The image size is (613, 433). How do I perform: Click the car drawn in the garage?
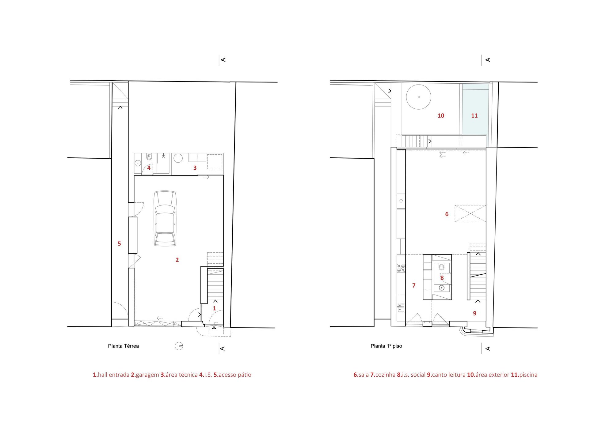pyautogui.click(x=165, y=218)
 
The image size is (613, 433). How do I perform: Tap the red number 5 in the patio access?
pyautogui.click(x=119, y=244)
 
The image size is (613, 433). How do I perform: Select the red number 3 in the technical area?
pyautogui.click(x=195, y=168)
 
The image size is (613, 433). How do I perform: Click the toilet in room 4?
pyautogui.click(x=149, y=157)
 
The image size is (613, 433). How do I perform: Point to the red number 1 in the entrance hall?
pyautogui.click(x=215, y=308)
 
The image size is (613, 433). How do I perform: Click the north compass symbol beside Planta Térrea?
pyautogui.click(x=179, y=346)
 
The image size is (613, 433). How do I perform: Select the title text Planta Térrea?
pyautogui.click(x=123, y=346)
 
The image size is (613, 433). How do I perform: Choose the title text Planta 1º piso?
pyautogui.click(x=386, y=346)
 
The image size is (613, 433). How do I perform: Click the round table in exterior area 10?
pyautogui.click(x=419, y=97)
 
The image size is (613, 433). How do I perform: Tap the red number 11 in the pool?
pyautogui.click(x=474, y=116)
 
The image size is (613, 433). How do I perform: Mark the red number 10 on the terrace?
pyautogui.click(x=441, y=116)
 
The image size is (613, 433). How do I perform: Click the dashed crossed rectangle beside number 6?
pyautogui.click(x=470, y=213)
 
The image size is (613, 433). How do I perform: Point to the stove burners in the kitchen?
pyautogui.click(x=401, y=269)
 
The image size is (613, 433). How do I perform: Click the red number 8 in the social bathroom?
pyautogui.click(x=442, y=278)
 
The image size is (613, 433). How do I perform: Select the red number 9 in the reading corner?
pyautogui.click(x=474, y=313)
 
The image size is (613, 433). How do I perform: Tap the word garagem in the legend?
pyautogui.click(x=147, y=375)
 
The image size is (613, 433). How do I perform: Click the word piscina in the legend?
pyautogui.click(x=528, y=375)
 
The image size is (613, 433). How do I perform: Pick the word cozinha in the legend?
pyautogui.click(x=385, y=375)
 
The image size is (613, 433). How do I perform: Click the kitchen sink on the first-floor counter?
pyautogui.click(x=401, y=307)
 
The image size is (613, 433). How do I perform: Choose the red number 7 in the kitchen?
pyautogui.click(x=414, y=285)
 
